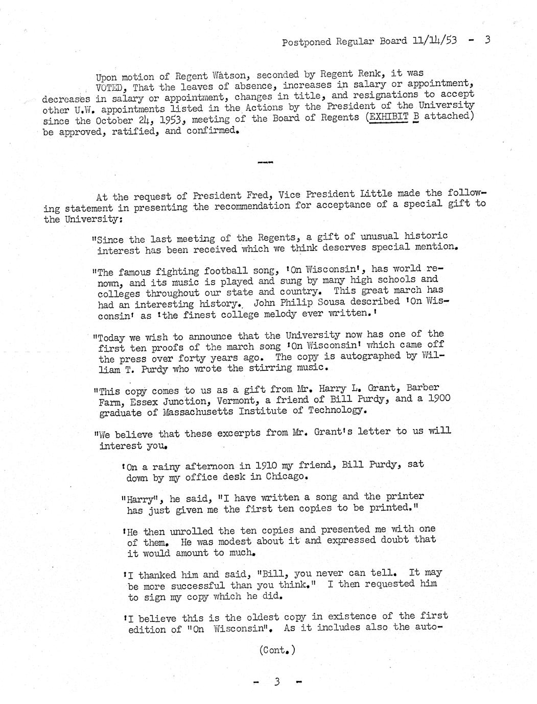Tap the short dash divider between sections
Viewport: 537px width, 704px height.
point(266,163)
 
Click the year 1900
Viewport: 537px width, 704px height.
point(437,397)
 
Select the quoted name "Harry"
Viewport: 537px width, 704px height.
point(138,498)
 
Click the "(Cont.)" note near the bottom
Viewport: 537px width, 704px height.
point(277,650)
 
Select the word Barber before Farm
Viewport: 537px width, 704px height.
point(419,388)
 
